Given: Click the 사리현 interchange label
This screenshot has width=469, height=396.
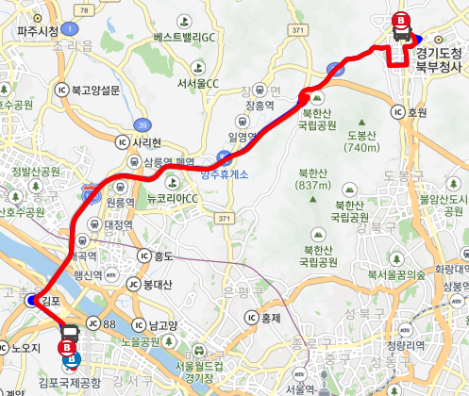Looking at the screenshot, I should click(x=142, y=141).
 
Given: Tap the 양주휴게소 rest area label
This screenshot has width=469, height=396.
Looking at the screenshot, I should click(x=226, y=173).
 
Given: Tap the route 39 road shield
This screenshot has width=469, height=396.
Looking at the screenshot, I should click(x=142, y=123).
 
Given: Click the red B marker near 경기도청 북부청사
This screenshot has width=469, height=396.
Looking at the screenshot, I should click(x=401, y=19).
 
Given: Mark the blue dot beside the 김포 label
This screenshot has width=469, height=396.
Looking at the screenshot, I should click(x=32, y=301).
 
